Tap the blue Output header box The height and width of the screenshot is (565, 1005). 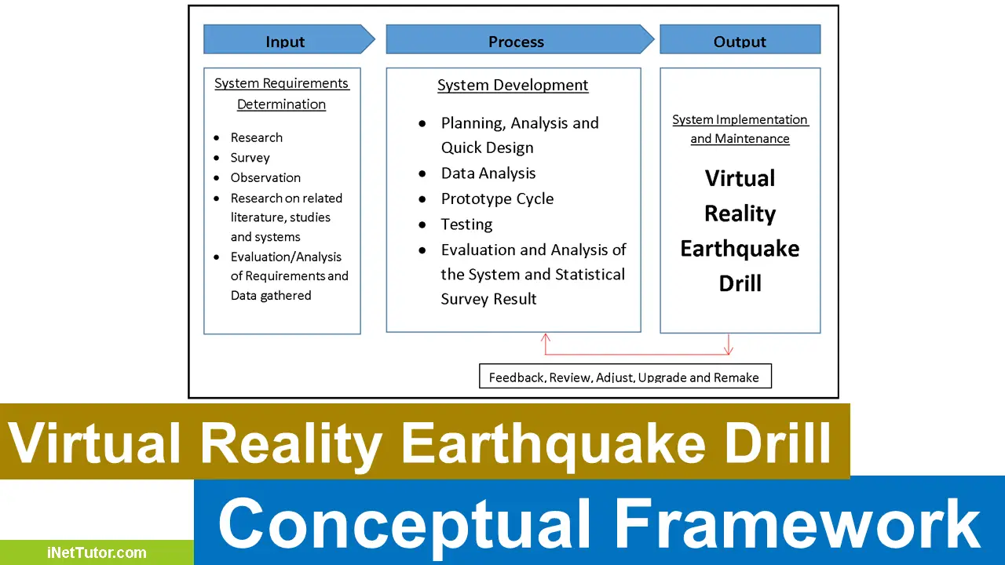tap(740, 40)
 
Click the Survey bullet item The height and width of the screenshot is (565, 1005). tap(250, 158)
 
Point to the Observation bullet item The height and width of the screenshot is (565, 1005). tap(265, 177)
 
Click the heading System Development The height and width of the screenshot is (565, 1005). tap(513, 86)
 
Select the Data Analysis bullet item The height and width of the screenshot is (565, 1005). tap(488, 173)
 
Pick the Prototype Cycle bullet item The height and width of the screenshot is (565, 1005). tap(497, 199)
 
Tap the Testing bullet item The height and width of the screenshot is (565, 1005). tap(466, 224)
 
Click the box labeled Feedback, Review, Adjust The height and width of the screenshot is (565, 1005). tap(625, 377)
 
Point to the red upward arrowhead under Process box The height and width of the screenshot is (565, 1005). tap(546, 338)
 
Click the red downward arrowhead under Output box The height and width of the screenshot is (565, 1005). tap(729, 349)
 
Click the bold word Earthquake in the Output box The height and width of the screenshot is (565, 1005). tap(740, 249)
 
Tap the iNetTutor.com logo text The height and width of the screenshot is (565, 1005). tap(97, 552)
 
